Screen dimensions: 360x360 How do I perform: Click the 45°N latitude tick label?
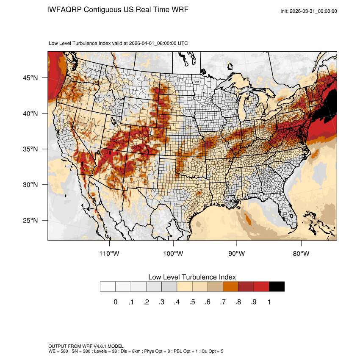30,78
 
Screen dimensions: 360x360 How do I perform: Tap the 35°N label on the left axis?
30,149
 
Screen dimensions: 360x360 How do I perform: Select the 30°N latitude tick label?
30,185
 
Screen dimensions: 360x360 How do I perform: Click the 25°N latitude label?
30,220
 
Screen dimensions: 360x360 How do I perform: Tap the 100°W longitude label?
173,254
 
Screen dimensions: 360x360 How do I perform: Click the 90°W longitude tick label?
237,254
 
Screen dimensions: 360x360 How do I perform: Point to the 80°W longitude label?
301,254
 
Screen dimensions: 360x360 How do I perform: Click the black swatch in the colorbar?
277,287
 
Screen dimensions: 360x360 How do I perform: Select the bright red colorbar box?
261,287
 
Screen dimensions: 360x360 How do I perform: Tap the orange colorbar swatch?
231,287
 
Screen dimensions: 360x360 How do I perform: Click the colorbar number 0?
115,302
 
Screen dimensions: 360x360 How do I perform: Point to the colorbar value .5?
192,302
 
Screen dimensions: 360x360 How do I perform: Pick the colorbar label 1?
269,302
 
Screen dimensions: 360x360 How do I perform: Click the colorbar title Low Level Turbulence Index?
192,277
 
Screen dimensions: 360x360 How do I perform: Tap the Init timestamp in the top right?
308,11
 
